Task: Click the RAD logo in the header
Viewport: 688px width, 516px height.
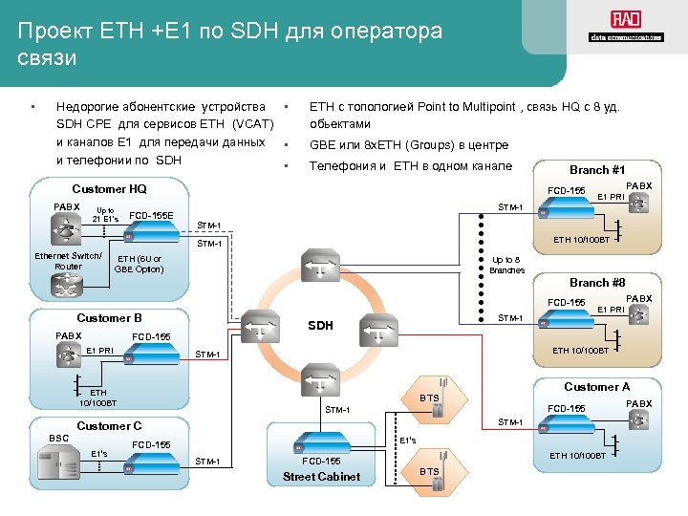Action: pos(625,26)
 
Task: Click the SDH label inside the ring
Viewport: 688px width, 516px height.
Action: pos(320,325)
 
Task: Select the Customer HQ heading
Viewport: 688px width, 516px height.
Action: pos(110,189)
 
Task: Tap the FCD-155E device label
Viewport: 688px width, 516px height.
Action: pos(151,216)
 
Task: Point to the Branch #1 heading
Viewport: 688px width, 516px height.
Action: pos(597,169)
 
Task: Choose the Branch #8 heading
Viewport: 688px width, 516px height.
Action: pos(597,283)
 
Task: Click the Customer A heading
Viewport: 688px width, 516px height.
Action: pos(597,387)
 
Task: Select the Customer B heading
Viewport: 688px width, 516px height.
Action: pos(109,317)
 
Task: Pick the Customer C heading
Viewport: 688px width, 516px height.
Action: pos(109,425)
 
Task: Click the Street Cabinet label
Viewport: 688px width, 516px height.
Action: pos(321,477)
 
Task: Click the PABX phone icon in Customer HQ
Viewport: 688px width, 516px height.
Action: pos(67,229)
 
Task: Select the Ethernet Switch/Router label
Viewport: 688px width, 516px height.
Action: pos(68,261)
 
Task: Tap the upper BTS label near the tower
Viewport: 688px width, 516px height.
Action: pos(429,397)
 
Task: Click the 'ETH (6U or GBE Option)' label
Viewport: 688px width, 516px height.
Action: pos(139,264)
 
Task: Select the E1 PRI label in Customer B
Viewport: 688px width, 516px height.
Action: pos(99,351)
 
